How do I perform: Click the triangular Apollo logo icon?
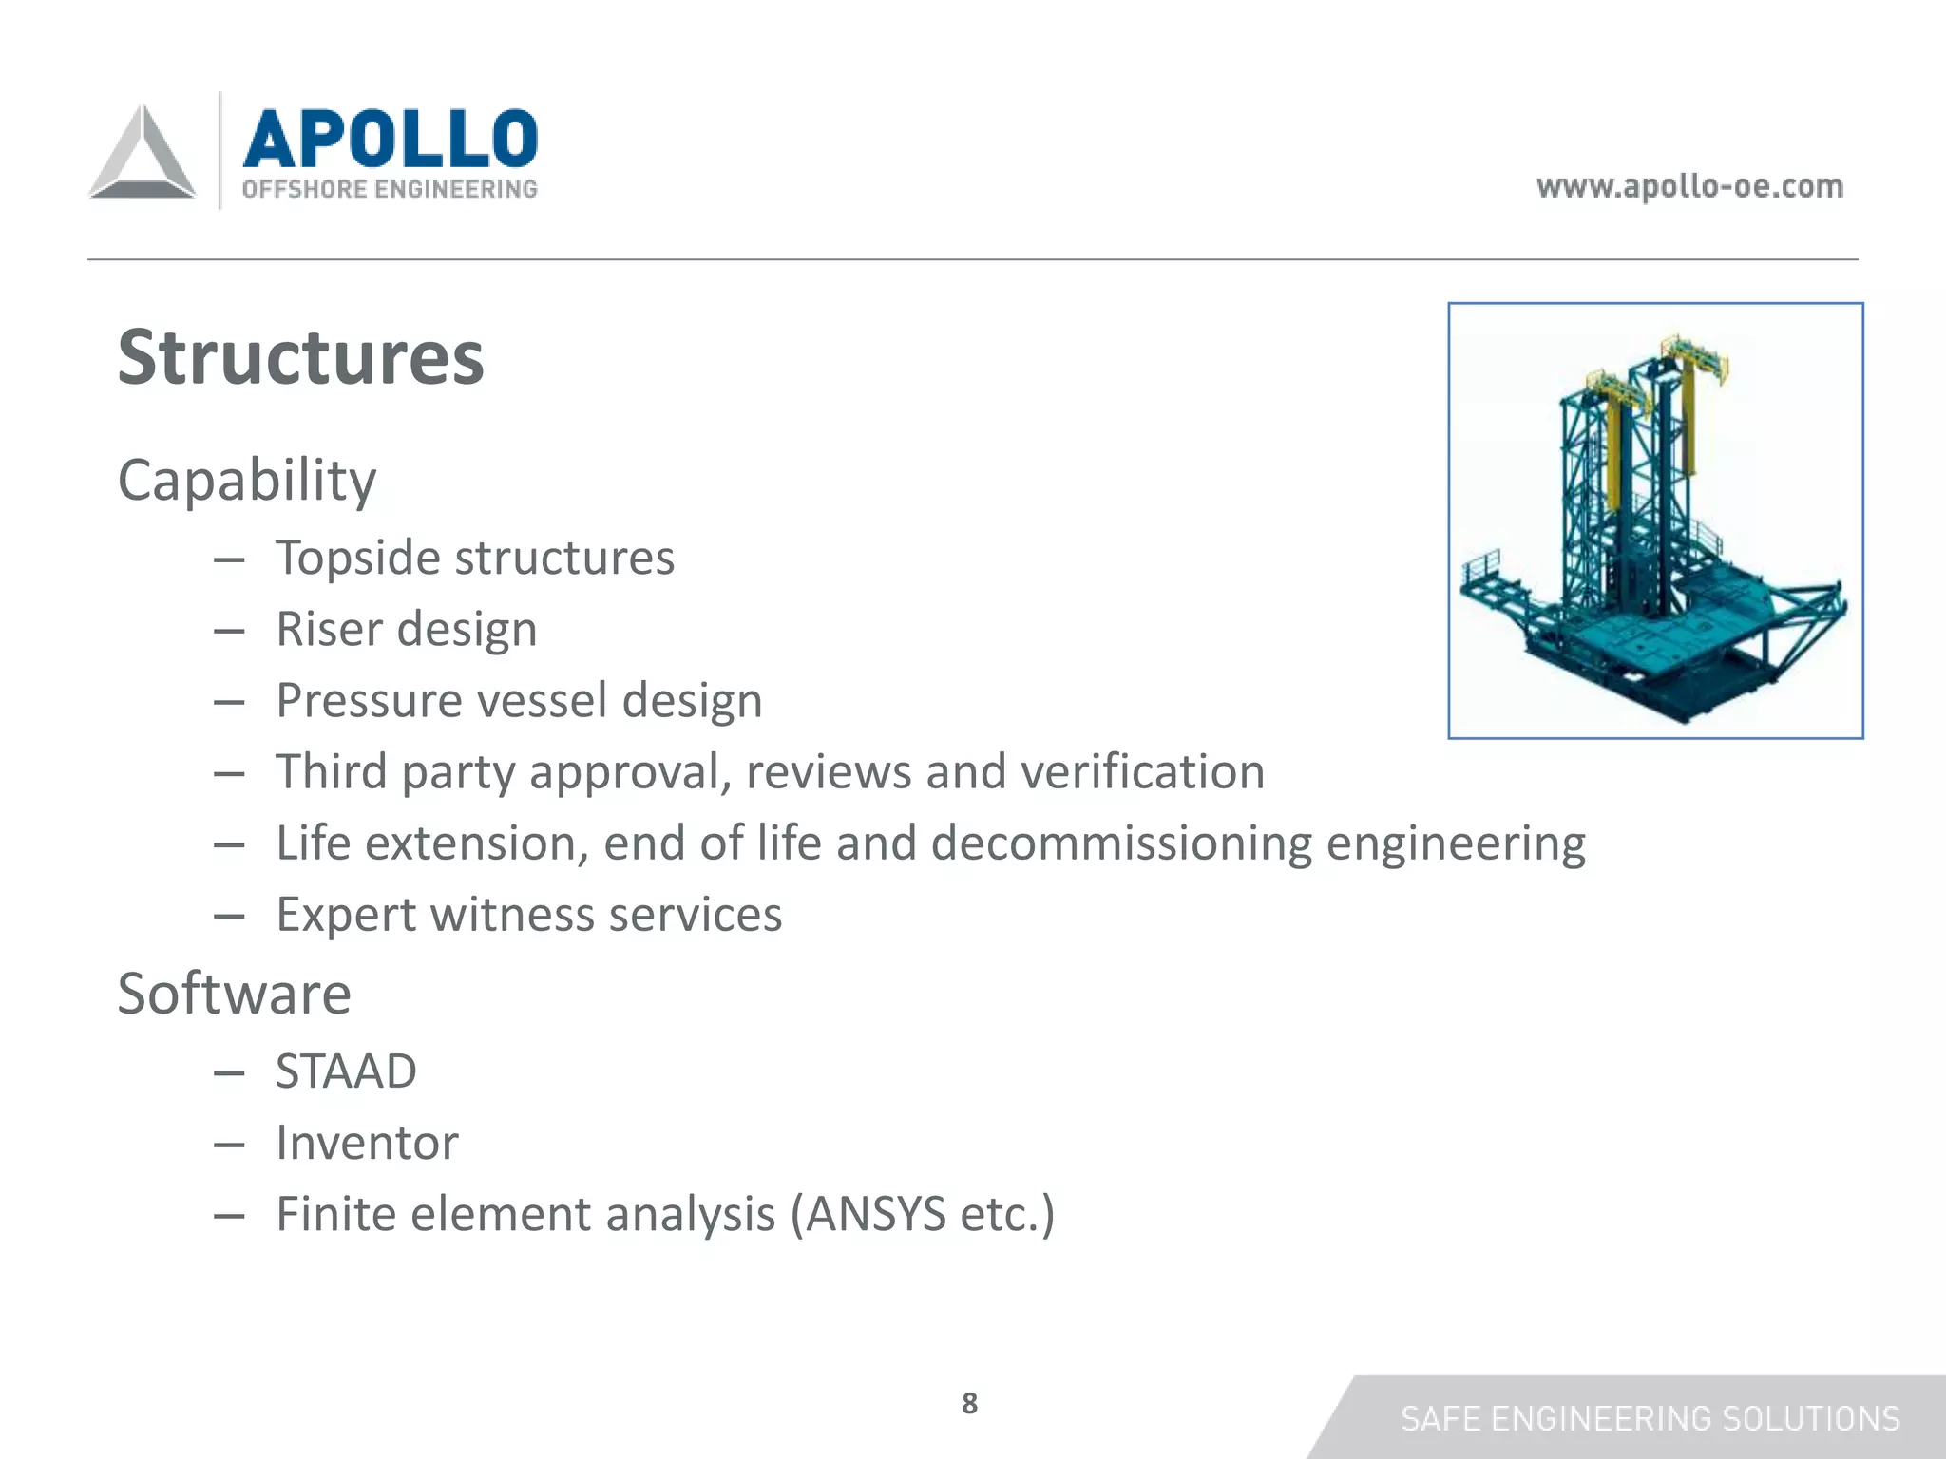(143, 154)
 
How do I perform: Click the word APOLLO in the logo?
(391, 139)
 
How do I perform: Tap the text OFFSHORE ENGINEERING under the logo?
(390, 189)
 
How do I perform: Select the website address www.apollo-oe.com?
(1689, 186)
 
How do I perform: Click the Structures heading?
(300, 357)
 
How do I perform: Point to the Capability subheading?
(247, 480)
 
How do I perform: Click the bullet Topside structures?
(475, 558)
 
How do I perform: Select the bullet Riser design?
(407, 629)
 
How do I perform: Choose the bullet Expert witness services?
(528, 915)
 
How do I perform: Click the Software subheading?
(234, 994)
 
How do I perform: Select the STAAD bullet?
(346, 1071)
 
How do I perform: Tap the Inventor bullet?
(367, 1143)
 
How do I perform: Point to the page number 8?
(969, 1403)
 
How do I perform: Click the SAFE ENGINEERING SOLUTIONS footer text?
(1650, 1418)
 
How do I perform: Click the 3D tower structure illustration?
(1654, 521)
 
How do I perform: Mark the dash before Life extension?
(229, 844)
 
